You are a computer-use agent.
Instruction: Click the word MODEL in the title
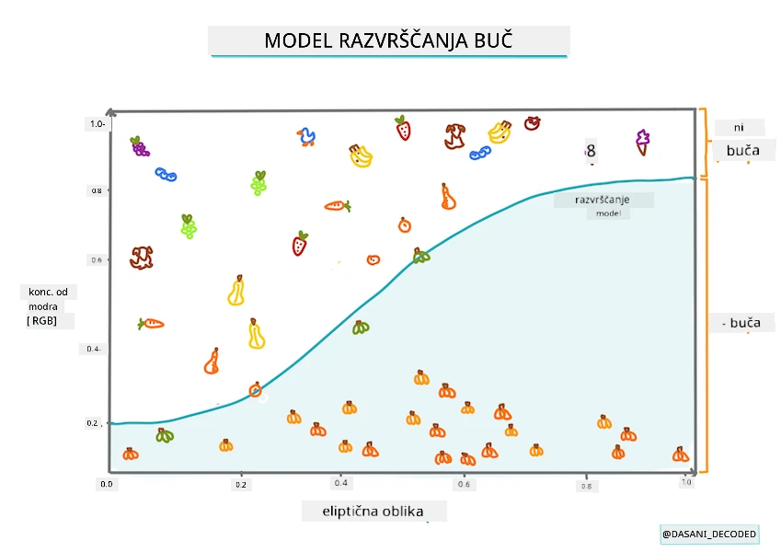pyautogui.click(x=298, y=40)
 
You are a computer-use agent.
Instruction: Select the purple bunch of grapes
pyautogui.click(x=140, y=146)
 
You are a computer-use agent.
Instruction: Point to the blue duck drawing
pyautogui.click(x=306, y=137)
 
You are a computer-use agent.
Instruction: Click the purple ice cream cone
pyautogui.click(x=642, y=143)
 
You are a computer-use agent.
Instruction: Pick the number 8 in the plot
pyautogui.click(x=591, y=151)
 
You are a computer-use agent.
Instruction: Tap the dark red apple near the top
pyautogui.click(x=532, y=123)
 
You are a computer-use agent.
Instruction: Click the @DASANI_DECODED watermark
pyautogui.click(x=709, y=535)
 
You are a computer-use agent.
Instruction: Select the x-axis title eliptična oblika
pyautogui.click(x=373, y=512)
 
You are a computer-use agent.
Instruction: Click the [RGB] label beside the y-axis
pyautogui.click(x=41, y=321)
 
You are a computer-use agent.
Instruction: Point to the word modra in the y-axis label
pyautogui.click(x=43, y=306)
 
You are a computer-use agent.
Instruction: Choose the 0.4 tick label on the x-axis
pyautogui.click(x=340, y=483)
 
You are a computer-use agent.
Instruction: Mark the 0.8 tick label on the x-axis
pyautogui.click(x=586, y=487)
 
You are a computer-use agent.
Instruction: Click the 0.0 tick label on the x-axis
pyautogui.click(x=107, y=484)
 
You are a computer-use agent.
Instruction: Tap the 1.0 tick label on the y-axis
pyautogui.click(x=98, y=123)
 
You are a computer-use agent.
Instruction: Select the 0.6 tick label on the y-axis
pyautogui.click(x=97, y=260)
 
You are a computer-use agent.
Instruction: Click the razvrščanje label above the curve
pyautogui.click(x=603, y=200)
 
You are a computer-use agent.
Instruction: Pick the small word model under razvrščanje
pyautogui.click(x=608, y=213)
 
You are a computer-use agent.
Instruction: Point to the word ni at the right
pyautogui.click(x=739, y=128)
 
